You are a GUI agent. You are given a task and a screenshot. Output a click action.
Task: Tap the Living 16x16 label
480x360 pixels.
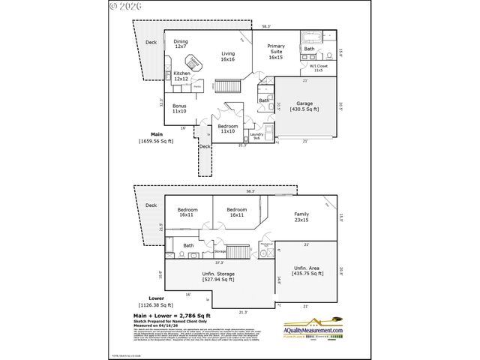227,56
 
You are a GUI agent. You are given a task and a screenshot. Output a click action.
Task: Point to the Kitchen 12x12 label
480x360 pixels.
182,76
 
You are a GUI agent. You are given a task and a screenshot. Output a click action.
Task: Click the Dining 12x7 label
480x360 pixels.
181,43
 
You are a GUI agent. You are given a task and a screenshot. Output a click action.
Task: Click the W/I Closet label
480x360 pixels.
318,68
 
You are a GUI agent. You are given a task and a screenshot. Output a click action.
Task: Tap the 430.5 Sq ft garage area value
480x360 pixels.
304,109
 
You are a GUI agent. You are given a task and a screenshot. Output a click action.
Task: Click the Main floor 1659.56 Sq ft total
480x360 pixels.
155,142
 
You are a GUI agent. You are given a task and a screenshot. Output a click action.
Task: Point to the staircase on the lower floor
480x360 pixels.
238,252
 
